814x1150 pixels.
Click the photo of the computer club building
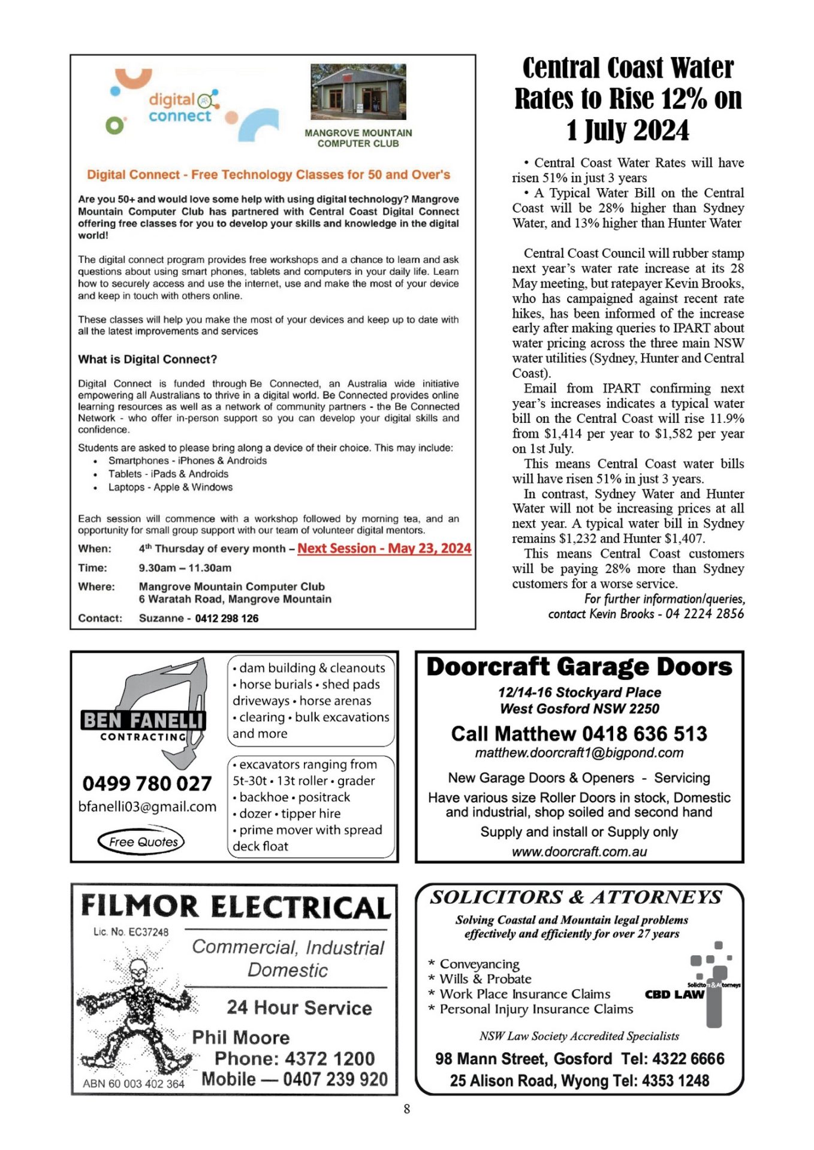[x=358, y=92]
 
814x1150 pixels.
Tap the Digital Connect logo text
[x=180, y=108]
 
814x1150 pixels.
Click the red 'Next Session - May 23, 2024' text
[x=384, y=549]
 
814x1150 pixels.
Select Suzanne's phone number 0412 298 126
[x=227, y=618]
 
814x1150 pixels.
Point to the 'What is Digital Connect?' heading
[x=147, y=359]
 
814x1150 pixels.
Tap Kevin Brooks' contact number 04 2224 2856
[x=704, y=614]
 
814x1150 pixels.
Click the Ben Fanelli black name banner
[x=143, y=720]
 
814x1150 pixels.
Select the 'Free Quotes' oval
[x=141, y=842]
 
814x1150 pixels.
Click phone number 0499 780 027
[x=147, y=783]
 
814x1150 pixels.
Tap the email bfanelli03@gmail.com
[x=147, y=807]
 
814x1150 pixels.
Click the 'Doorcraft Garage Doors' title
[x=579, y=667]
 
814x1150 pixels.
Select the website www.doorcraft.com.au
[x=579, y=852]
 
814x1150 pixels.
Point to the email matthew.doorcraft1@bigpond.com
[x=579, y=753]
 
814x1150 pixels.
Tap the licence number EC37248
[x=131, y=932]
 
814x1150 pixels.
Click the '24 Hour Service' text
[x=299, y=1008]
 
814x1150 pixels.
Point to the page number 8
[x=407, y=1109]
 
